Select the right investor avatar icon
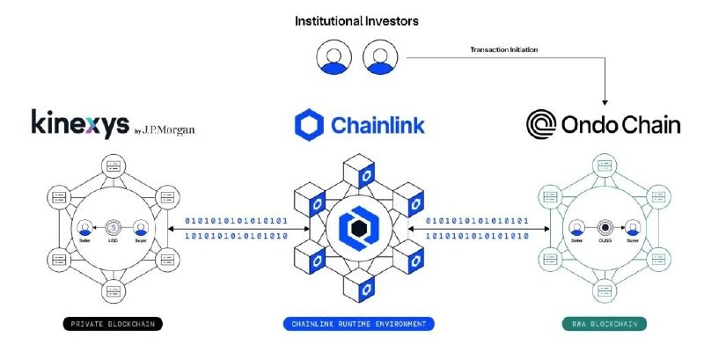tap(378, 59)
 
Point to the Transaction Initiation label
tap(504, 50)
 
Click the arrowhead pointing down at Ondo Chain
tap(605, 98)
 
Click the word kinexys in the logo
tap(78, 123)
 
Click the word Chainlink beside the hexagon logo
tap(378, 125)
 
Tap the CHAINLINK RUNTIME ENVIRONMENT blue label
tap(359, 324)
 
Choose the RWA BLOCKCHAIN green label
tap(605, 324)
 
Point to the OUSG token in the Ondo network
tap(605, 226)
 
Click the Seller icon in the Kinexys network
tap(86, 226)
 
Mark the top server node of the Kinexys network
tap(114, 165)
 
